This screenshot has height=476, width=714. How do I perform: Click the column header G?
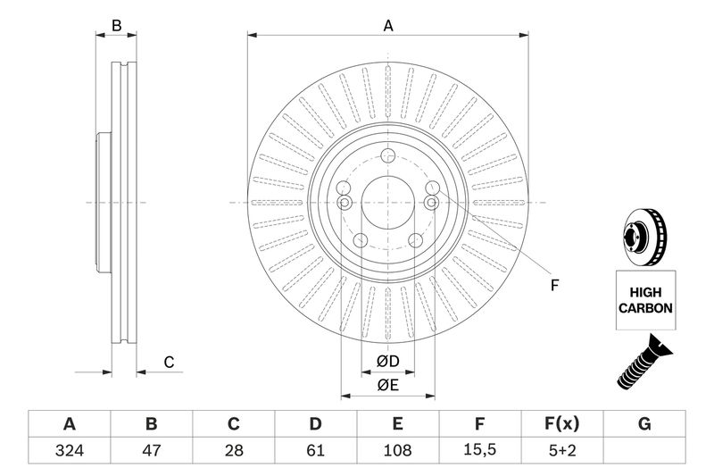click(644, 423)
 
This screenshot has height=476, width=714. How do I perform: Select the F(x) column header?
click(562, 423)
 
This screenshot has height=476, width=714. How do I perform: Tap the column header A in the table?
click(69, 423)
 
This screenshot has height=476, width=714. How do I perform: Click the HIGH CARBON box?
click(644, 298)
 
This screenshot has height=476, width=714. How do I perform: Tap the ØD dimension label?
click(386, 361)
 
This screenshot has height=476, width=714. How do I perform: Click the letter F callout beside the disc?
click(553, 286)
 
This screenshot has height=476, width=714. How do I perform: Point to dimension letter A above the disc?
click(388, 26)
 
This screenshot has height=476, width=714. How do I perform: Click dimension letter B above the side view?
click(116, 26)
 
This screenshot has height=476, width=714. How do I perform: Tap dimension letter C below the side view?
click(168, 362)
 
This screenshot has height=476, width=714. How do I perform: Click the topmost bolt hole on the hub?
click(387, 158)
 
